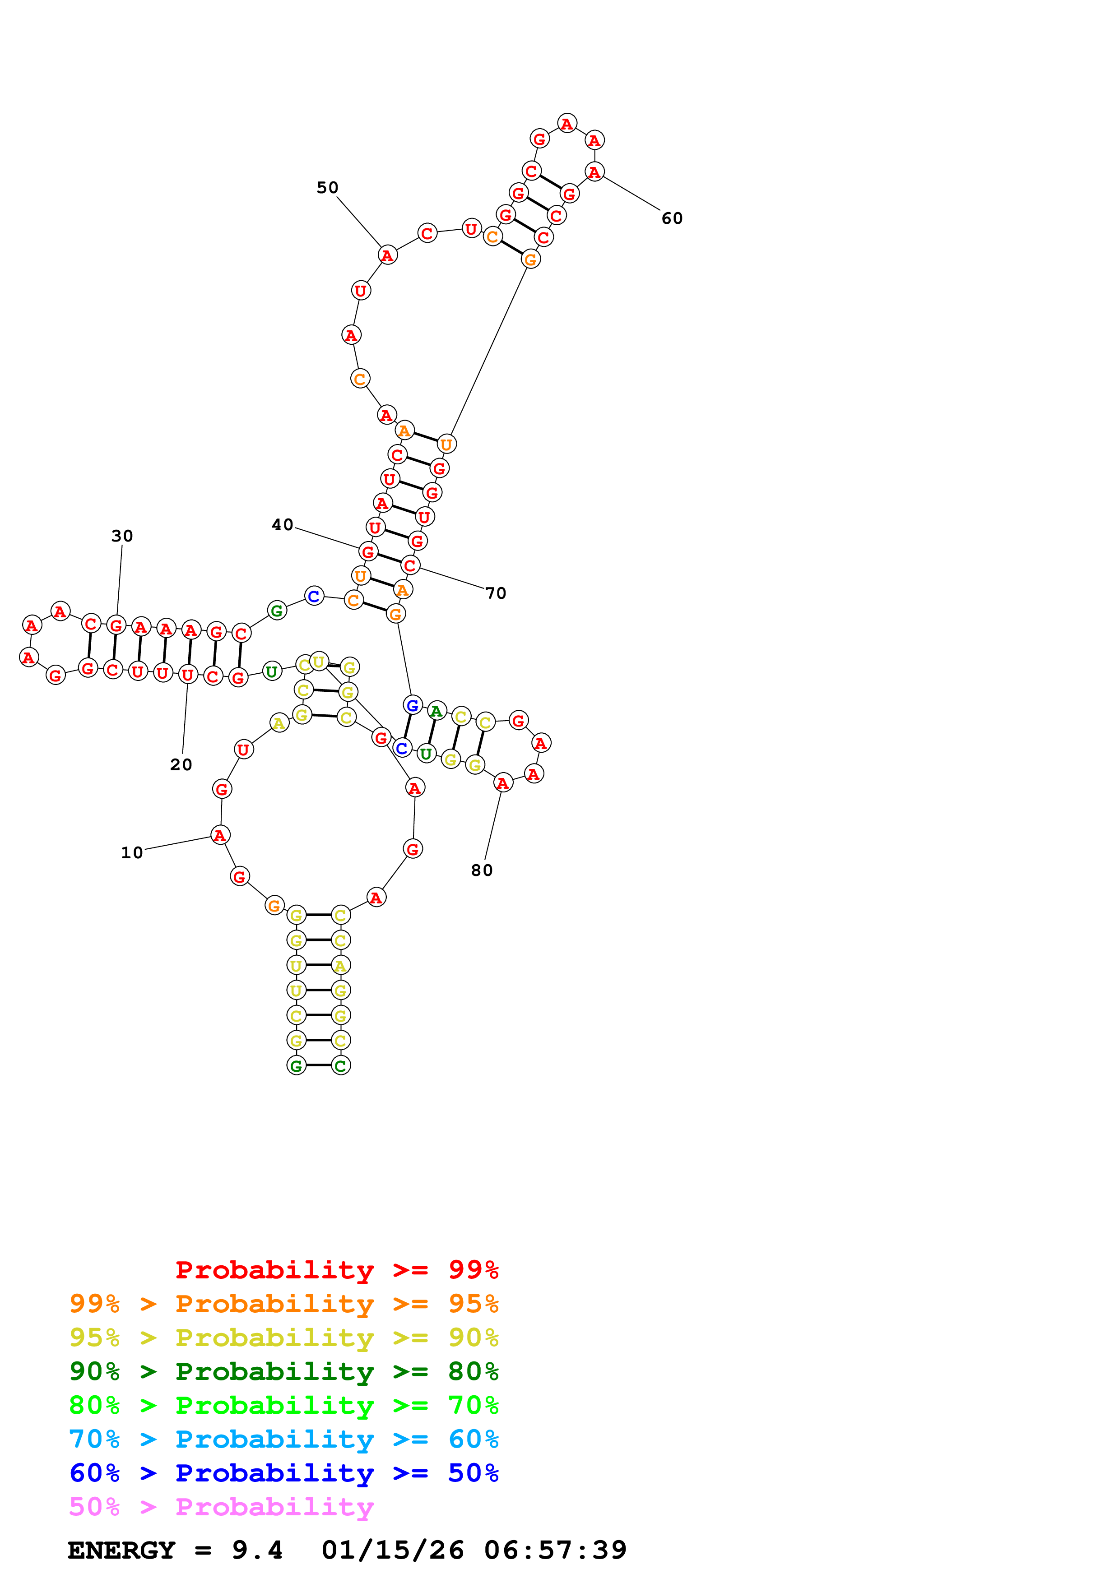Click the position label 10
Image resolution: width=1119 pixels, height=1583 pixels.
(x=132, y=853)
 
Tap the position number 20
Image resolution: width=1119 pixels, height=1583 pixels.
(x=181, y=764)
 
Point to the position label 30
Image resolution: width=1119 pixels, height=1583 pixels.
(x=122, y=536)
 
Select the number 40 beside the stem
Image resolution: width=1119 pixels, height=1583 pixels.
(x=282, y=525)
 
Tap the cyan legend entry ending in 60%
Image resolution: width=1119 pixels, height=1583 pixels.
(x=283, y=1439)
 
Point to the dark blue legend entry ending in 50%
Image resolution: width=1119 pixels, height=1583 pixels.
(x=283, y=1473)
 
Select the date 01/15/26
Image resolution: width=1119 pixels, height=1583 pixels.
(x=392, y=1550)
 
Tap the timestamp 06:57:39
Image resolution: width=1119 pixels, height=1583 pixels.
(x=555, y=1550)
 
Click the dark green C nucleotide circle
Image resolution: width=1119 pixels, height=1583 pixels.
(x=341, y=1065)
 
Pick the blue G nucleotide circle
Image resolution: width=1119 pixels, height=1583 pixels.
(x=412, y=705)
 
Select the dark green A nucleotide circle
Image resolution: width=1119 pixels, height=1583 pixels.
(x=436, y=711)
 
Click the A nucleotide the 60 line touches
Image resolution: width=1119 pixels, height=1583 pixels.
(x=594, y=171)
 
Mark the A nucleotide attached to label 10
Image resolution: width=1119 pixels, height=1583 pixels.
(x=220, y=836)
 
